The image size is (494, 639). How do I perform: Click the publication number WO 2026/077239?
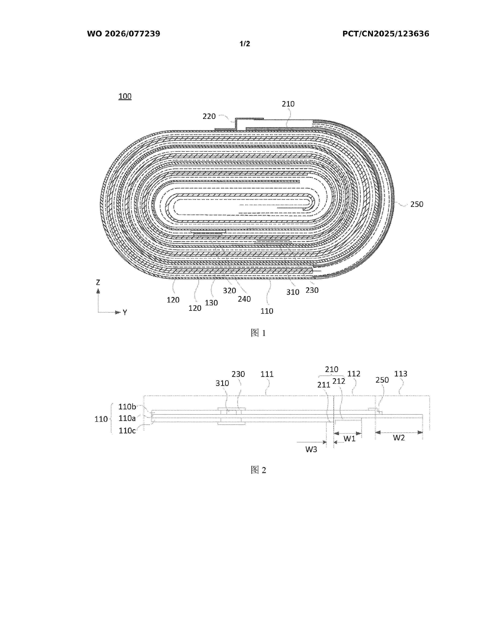click(124, 34)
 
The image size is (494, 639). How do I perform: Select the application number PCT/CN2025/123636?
click(386, 34)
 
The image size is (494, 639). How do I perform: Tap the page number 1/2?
click(245, 44)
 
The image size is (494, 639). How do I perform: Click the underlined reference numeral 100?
click(125, 96)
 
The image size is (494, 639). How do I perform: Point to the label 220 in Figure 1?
click(209, 116)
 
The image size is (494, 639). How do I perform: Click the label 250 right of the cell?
click(417, 204)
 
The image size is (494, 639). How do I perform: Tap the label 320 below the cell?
click(229, 290)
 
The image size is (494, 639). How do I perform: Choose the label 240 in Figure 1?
click(244, 299)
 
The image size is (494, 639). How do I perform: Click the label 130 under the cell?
click(211, 303)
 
